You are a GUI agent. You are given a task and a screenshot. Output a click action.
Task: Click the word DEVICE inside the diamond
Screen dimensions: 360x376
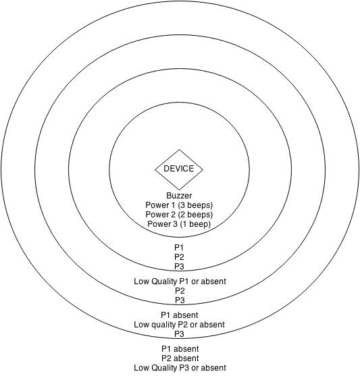[179, 169]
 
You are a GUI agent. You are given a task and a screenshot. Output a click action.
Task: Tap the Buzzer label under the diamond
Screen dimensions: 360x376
[179, 196]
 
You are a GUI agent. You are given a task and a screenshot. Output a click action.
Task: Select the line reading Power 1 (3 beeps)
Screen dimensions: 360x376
[179, 205]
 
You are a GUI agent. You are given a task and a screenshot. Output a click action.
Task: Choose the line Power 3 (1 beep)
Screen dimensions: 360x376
[179, 224]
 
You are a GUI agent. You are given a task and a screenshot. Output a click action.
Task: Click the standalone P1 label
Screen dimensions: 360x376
[179, 248]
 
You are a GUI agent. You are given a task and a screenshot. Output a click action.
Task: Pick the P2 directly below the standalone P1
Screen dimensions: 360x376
[179, 257]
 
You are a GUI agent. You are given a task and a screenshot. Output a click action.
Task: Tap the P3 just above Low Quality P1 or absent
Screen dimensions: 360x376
[179, 267]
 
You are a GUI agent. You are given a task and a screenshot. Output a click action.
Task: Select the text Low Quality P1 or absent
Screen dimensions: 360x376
[180, 281]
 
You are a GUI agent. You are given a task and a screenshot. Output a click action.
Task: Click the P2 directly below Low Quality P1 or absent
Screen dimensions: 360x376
[180, 291]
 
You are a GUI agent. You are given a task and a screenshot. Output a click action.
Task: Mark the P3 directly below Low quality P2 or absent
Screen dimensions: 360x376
[179, 333]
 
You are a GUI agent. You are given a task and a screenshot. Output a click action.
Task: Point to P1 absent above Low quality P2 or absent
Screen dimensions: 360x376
[180, 315]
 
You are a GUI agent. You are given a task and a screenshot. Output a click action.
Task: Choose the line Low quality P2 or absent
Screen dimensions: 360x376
[179, 325]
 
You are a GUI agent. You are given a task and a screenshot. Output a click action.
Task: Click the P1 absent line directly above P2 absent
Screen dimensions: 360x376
[180, 349]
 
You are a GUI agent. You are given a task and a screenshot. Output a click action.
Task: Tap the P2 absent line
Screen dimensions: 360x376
[180, 358]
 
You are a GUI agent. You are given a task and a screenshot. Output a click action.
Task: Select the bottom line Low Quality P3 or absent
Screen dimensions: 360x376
[180, 368]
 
